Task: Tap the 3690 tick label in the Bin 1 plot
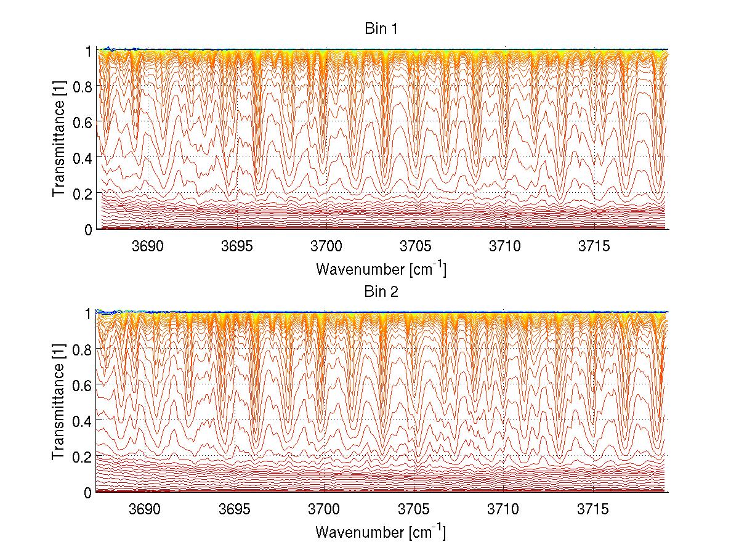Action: tap(148, 246)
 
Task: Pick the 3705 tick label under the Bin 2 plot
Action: tap(414, 509)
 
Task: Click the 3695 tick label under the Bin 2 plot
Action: tap(235, 509)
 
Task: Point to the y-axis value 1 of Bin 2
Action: tap(88, 313)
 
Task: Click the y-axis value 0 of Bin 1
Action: tap(88, 229)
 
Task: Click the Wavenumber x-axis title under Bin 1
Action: tap(381, 269)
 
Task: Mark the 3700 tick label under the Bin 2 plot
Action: tap(325, 509)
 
